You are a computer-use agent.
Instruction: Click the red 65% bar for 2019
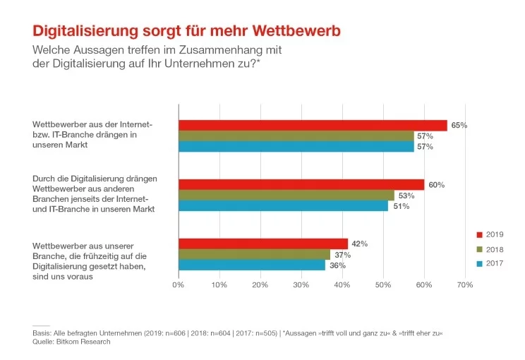coord(313,125)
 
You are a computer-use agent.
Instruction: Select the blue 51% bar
coord(283,206)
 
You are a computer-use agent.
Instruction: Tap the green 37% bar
coord(254,254)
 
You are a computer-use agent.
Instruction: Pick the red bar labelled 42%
coord(263,244)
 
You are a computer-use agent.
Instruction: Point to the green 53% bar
coord(286,196)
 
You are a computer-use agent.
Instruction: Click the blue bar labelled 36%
coord(252,265)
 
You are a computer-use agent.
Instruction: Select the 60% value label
coord(437,185)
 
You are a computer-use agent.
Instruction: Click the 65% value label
coord(459,125)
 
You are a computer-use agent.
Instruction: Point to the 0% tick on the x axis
coord(179,284)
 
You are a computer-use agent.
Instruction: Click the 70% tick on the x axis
coord(464,284)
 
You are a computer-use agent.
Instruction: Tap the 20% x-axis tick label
coord(260,284)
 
